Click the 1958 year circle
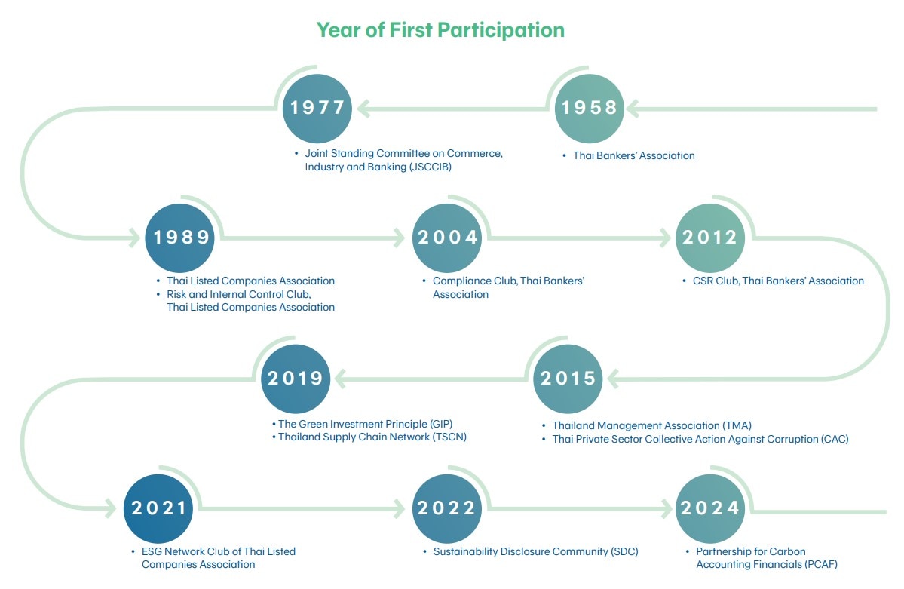tap(589, 109)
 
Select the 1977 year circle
tap(317, 109)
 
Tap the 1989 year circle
tap(180, 238)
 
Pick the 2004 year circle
tap(447, 238)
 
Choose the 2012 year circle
tap(710, 238)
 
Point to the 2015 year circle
tap(568, 379)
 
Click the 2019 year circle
tap(296, 379)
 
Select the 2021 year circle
tap(158, 508)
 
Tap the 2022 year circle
tap(447, 508)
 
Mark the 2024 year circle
tap(710, 508)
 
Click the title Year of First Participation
tap(441, 30)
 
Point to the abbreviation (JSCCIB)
tap(430, 167)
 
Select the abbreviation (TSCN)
tap(449, 437)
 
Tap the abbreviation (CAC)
tap(835, 439)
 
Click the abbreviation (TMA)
tap(737, 426)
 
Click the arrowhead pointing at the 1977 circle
tap(363, 109)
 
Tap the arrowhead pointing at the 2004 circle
tap(399, 238)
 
